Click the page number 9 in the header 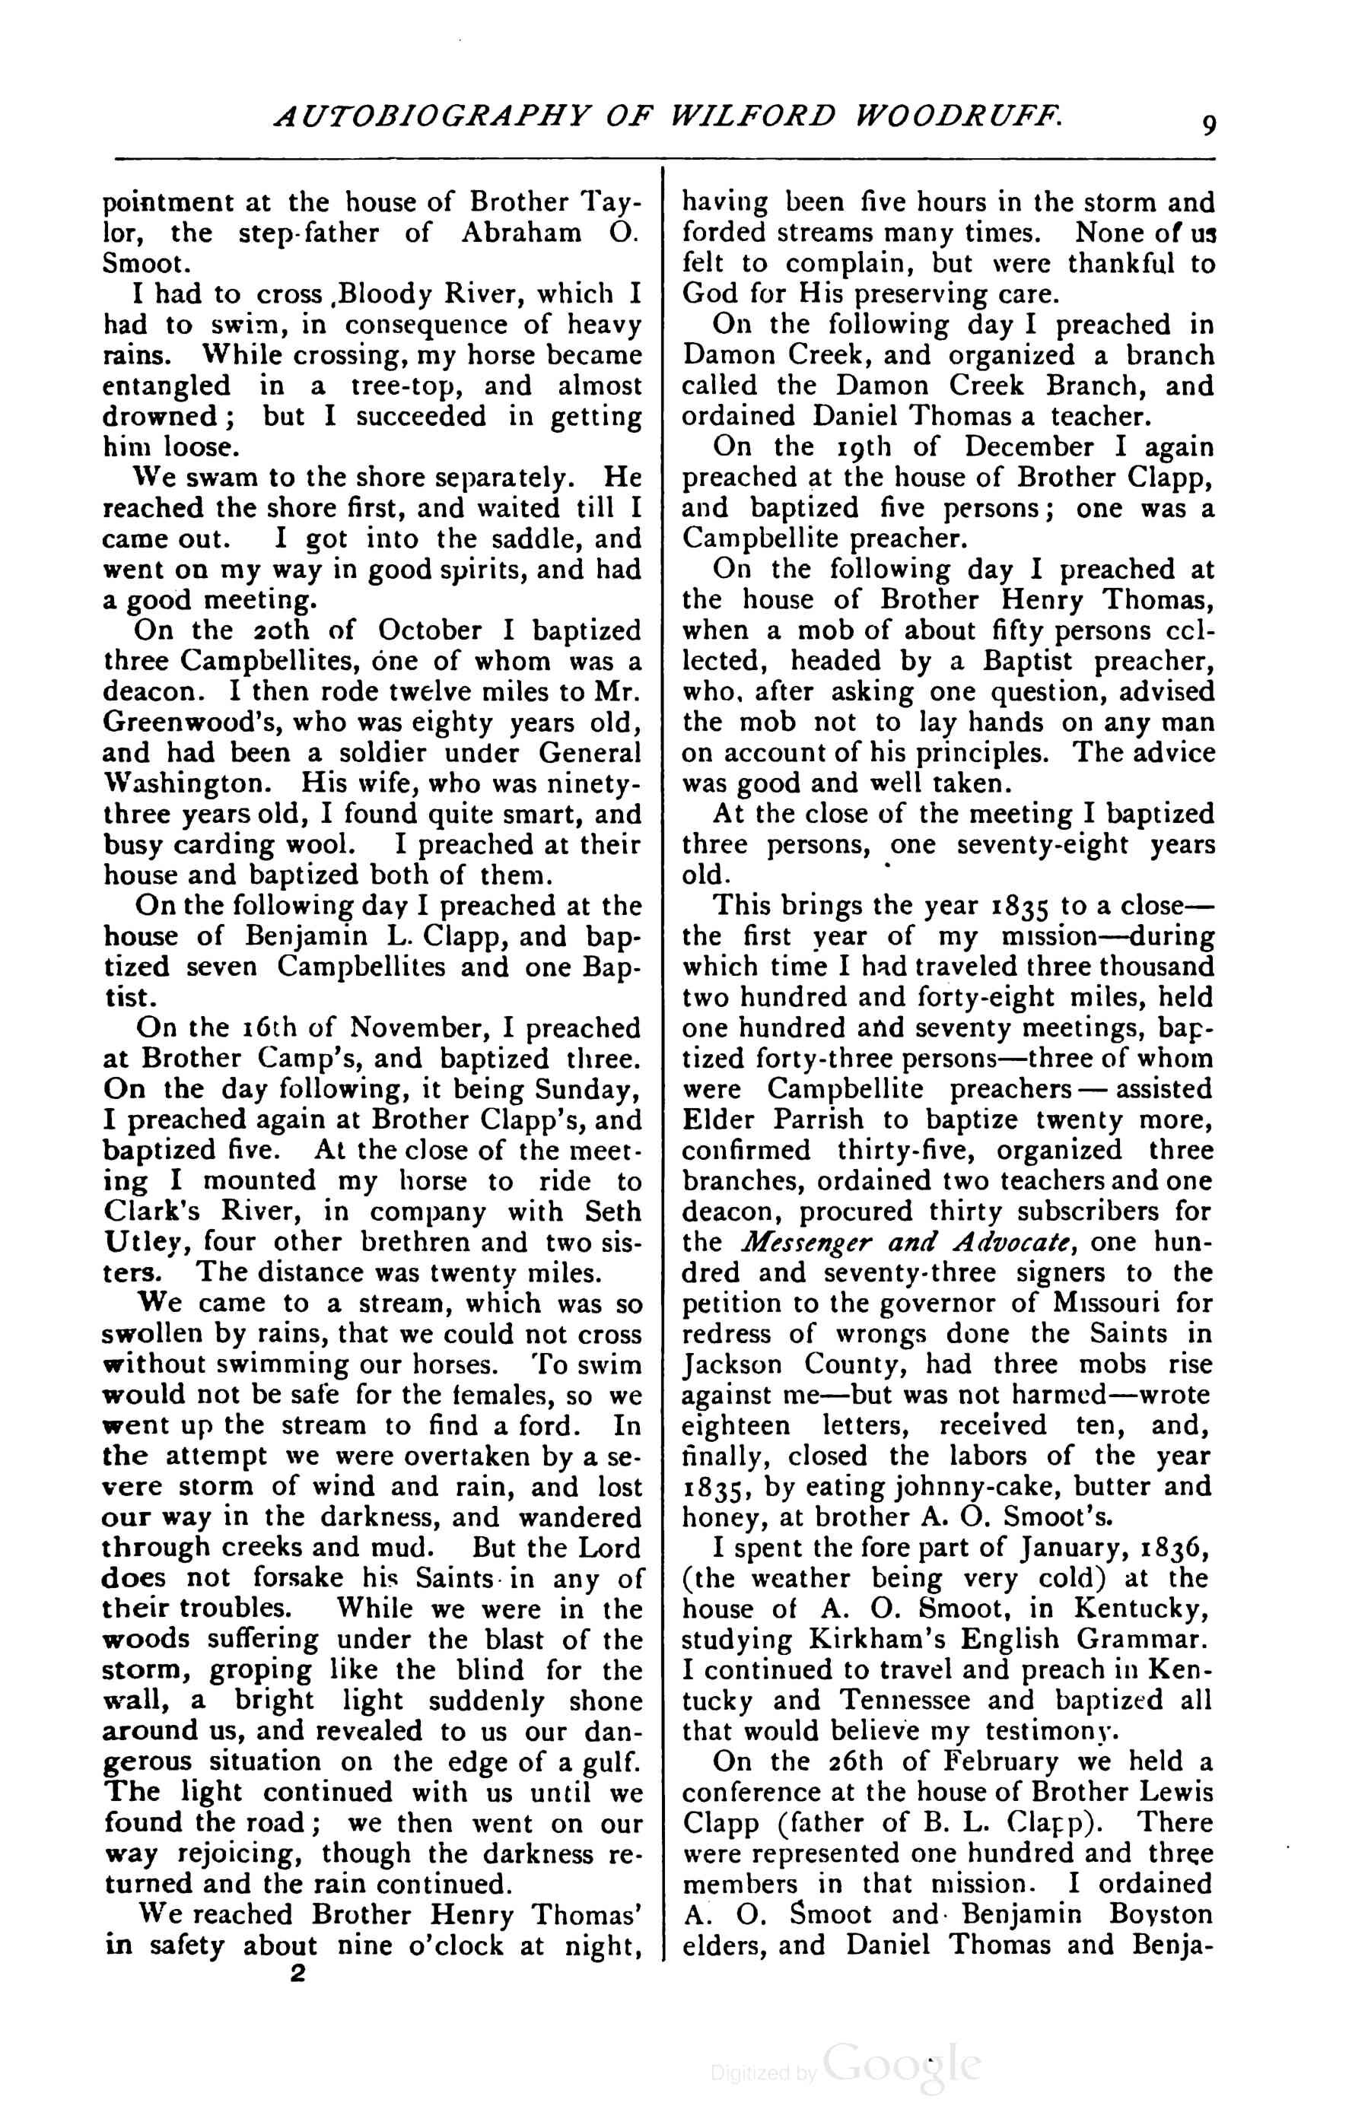[x=1208, y=125]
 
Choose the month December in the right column [x=1029, y=447]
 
